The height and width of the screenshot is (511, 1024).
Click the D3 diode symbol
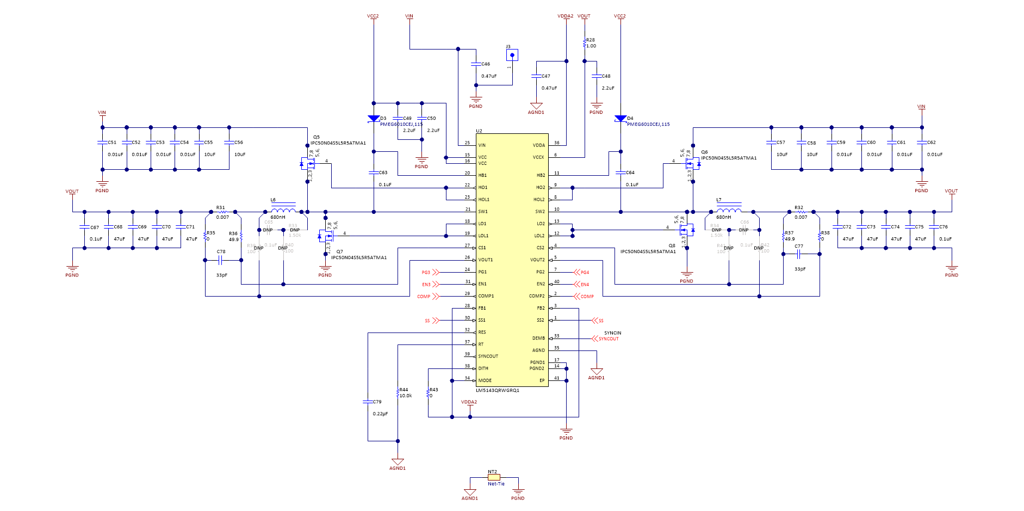(x=373, y=119)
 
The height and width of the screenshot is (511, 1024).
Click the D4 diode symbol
(x=620, y=119)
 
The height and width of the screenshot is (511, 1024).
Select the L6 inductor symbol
(x=283, y=211)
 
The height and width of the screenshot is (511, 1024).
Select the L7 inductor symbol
(x=729, y=211)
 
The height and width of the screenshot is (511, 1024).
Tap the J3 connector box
(x=512, y=55)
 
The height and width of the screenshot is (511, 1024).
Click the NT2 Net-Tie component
(x=494, y=477)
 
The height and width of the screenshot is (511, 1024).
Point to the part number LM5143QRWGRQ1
(x=497, y=390)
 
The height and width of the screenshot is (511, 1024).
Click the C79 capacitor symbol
(x=368, y=402)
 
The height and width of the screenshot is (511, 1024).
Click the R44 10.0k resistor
(x=398, y=393)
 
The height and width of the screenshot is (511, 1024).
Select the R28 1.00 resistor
(x=585, y=42)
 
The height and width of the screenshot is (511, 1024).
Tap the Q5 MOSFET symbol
(x=308, y=163)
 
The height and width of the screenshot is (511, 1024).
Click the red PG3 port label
(x=426, y=272)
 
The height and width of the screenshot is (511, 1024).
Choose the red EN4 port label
(x=585, y=285)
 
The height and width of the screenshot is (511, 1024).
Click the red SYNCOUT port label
(x=608, y=339)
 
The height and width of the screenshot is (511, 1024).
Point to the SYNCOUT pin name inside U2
(x=488, y=356)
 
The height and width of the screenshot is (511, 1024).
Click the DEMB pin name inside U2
(x=538, y=338)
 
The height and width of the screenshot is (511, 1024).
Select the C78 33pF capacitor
(x=221, y=260)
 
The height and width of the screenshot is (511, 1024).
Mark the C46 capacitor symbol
(x=476, y=64)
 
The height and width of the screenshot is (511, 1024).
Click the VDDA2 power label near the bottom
(x=469, y=402)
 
